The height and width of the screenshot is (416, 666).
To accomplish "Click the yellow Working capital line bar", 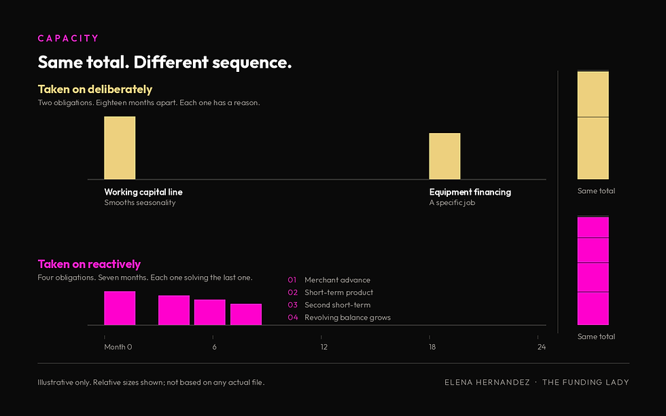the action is (120, 147).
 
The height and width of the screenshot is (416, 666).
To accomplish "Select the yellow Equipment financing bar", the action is (444, 156).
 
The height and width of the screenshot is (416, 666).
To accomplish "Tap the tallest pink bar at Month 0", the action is (120, 308).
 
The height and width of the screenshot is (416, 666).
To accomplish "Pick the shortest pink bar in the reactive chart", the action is (246, 314).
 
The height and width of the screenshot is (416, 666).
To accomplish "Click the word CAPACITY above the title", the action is (69, 38).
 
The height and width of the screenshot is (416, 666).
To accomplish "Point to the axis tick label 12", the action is (323, 347).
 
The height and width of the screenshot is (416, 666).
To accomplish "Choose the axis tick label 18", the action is (432, 347).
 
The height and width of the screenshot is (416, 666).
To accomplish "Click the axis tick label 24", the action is (542, 347).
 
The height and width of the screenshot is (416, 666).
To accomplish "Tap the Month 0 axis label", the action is (118, 347).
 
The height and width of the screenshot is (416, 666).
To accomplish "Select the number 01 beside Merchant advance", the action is (292, 280).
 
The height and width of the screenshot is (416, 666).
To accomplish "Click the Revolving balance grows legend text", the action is (347, 317).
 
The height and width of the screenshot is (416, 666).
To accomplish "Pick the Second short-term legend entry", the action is (337, 305).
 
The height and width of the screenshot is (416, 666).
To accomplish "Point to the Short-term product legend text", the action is (338, 292).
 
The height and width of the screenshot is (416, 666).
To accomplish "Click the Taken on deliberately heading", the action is (95, 89).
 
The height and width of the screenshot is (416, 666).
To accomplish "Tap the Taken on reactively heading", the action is (89, 264).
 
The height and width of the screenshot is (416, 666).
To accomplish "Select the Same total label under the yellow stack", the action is (597, 191).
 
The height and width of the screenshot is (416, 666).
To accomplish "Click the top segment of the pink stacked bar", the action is (593, 227).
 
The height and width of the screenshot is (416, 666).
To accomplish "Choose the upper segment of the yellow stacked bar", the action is (593, 94).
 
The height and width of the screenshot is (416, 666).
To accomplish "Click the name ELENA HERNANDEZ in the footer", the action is (487, 382).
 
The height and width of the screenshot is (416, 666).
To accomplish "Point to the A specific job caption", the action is (452, 203).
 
